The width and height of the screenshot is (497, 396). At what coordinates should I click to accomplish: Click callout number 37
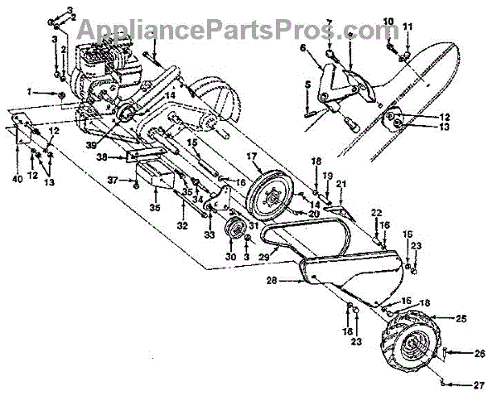click(112, 180)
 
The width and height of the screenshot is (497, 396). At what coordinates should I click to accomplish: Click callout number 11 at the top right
click(407, 27)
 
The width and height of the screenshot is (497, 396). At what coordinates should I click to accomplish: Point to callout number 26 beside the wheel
click(456, 354)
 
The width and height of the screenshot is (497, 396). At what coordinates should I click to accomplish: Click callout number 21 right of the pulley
click(340, 182)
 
